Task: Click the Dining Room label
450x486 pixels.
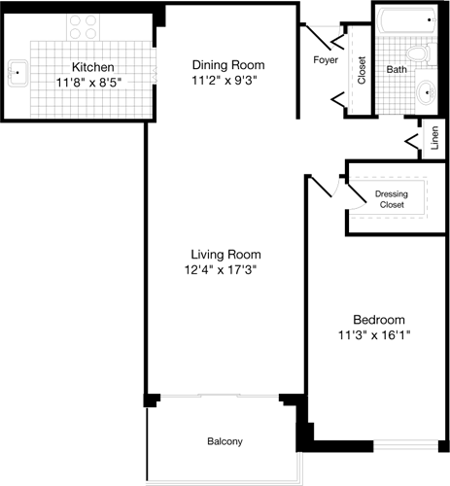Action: [227, 65]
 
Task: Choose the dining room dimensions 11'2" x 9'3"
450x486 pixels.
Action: [227, 83]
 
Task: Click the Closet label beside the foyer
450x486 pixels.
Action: [362, 71]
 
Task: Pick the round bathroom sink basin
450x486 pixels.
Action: [429, 93]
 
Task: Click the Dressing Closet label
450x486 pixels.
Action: [391, 199]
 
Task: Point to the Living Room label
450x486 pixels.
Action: [225, 253]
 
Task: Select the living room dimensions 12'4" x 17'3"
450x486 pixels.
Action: [225, 269]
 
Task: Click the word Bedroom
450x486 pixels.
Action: [378, 319]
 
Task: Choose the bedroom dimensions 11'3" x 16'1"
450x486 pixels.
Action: [378, 336]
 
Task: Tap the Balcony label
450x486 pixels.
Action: [225, 442]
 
